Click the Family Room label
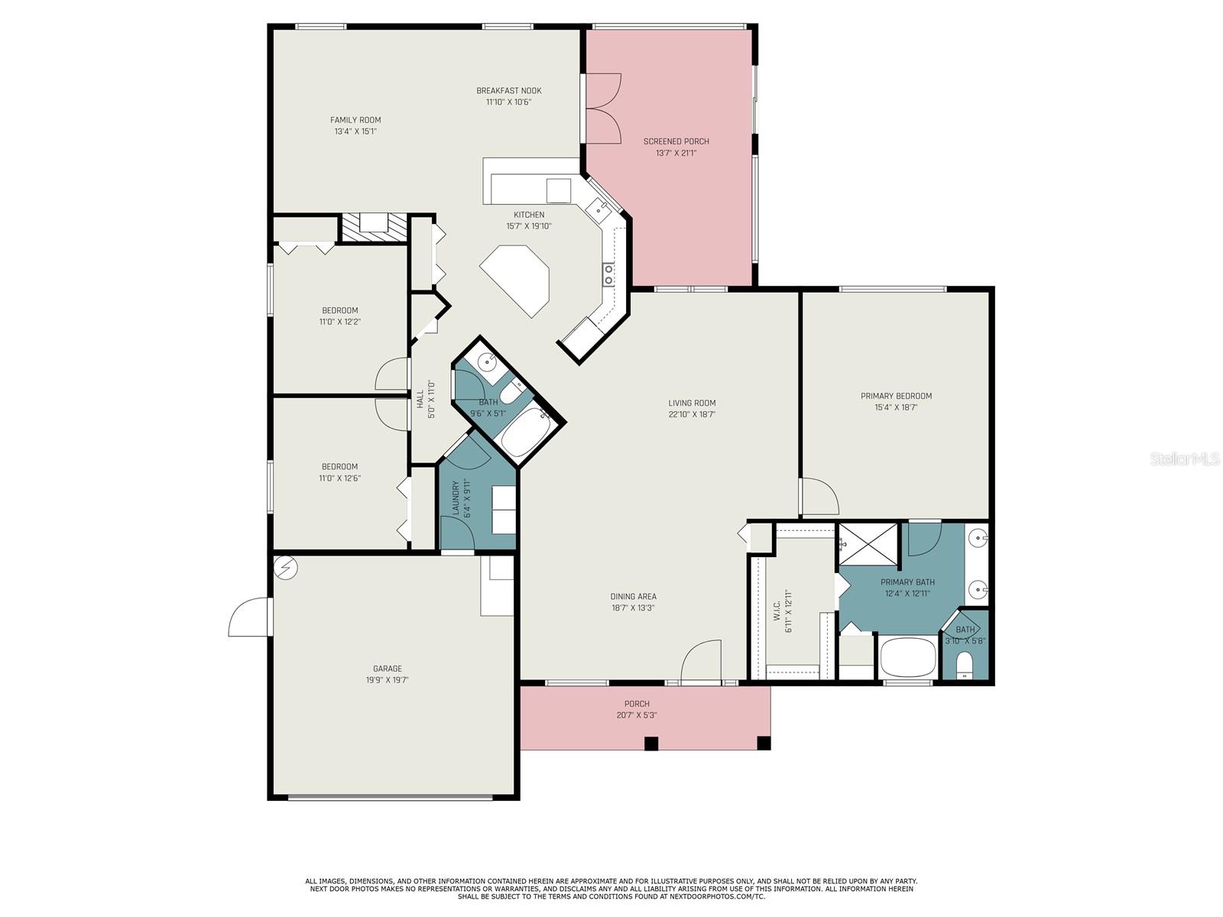[x=355, y=120]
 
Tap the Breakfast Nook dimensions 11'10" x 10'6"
[x=509, y=102]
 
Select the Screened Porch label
[x=676, y=141]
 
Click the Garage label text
[x=388, y=668]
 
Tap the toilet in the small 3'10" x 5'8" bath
[x=965, y=666]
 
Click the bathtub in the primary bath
[x=908, y=657]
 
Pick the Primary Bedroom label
[x=896, y=396]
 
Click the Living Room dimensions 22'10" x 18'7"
[x=692, y=414]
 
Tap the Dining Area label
[x=633, y=596]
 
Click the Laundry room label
[x=455, y=497]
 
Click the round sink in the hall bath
[x=488, y=363]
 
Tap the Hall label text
[x=420, y=399]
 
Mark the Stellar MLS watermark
[x=1185, y=458]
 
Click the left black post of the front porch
[x=650, y=744]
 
